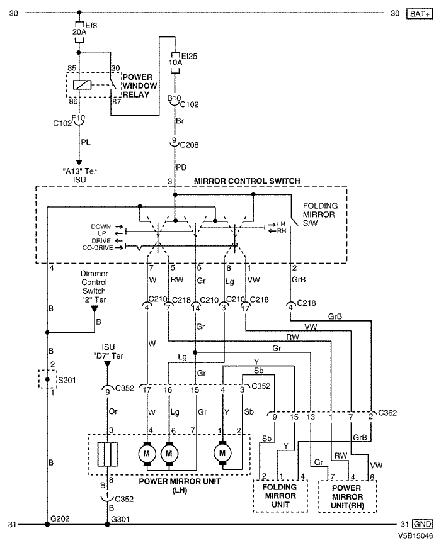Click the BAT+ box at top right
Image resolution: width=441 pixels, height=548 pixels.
tap(420, 14)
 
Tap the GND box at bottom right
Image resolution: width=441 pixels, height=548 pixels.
tap(422, 524)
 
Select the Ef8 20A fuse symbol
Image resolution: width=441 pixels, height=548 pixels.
tap(79, 32)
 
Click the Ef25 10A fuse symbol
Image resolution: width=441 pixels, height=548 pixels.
tap(175, 63)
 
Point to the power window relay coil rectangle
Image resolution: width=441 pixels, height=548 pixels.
tap(83, 85)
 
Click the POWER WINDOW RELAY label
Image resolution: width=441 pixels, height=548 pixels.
tap(139, 86)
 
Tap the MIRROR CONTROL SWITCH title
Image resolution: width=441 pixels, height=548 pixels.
tap(247, 181)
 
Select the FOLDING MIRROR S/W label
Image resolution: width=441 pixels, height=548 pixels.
tap(320, 215)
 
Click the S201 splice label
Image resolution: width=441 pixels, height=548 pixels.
tap(67, 380)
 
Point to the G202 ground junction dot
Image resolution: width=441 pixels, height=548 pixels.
tap(47, 524)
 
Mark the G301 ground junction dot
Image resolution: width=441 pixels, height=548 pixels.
tap(108, 524)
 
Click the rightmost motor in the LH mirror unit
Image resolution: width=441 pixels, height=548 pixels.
tap(222, 453)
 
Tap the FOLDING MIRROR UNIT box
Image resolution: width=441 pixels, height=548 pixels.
tap(280, 496)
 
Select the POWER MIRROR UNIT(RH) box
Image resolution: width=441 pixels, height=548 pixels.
tap(348, 496)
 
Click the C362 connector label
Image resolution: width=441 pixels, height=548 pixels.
tap(387, 413)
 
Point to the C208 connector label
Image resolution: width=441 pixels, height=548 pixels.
tap(189, 145)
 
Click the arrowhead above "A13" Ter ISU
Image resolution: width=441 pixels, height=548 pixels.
tap(79, 163)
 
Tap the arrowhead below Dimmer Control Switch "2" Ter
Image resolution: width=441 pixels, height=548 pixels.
tap(94, 310)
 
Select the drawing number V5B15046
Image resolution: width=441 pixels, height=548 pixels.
tap(415, 536)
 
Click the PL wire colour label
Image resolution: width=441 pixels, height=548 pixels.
tap(86, 142)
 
